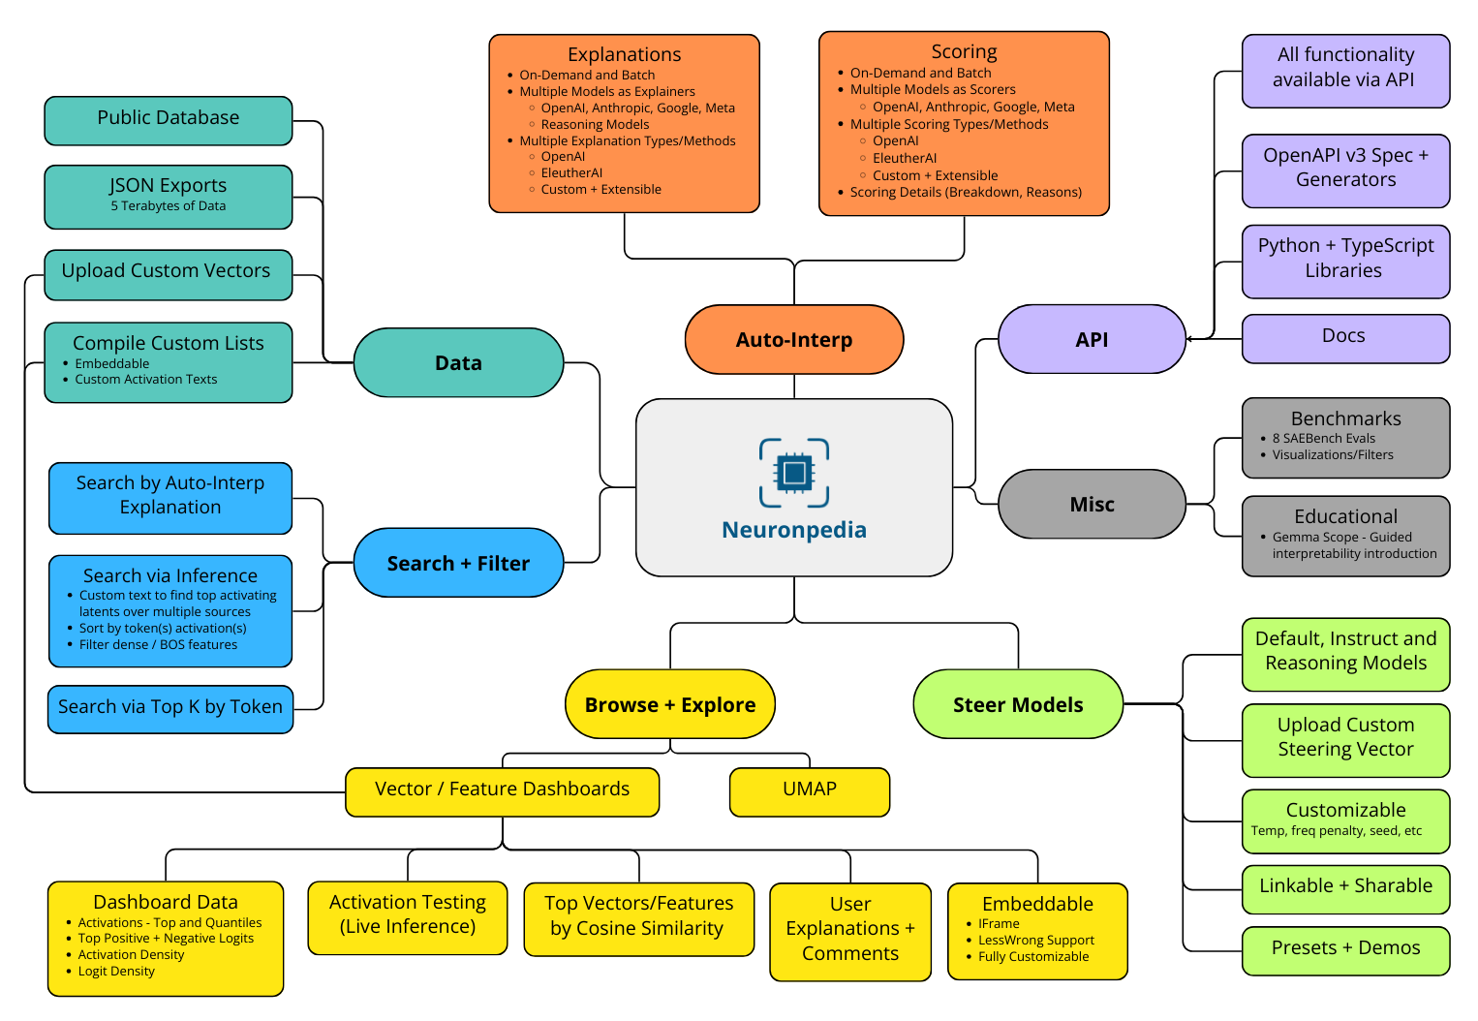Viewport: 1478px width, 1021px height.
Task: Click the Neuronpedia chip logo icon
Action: [794, 473]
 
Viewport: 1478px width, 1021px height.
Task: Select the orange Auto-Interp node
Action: [794, 340]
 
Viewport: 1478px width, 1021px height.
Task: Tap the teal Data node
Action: [458, 363]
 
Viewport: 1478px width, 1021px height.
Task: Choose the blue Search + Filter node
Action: [458, 564]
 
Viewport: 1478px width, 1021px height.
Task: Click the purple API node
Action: [1092, 340]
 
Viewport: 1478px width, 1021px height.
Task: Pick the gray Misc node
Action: [1092, 505]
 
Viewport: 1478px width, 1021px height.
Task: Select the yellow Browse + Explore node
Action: [670, 705]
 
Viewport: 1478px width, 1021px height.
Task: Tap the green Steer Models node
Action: [1018, 705]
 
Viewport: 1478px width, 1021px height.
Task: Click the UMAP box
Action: [810, 789]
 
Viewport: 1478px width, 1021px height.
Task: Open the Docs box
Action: [1344, 337]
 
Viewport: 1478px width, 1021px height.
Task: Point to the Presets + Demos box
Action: [1345, 949]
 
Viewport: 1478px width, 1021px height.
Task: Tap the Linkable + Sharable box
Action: [1345, 887]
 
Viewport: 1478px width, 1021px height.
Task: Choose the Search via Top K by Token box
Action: [170, 708]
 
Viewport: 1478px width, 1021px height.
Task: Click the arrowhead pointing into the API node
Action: [1191, 339]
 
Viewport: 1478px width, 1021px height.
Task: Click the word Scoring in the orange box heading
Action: [964, 52]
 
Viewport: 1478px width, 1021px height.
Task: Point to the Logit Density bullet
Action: [116, 972]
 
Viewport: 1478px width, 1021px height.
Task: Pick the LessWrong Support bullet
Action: [1036, 941]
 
